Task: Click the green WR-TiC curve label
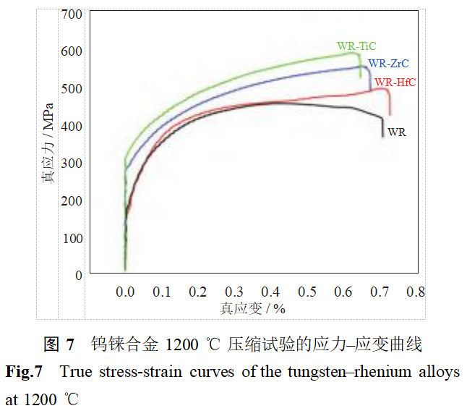[356, 46]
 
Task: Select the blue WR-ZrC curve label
[388, 64]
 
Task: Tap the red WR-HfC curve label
[395, 82]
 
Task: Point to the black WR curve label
[396, 132]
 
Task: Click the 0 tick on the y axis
[79, 276]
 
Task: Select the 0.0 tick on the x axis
[125, 292]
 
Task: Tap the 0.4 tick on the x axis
[270, 292]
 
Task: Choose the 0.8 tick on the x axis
[415, 292]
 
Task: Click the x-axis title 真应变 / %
[253, 308]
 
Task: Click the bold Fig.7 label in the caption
[24, 373]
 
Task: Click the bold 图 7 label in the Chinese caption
[59, 344]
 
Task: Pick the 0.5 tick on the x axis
[307, 292]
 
